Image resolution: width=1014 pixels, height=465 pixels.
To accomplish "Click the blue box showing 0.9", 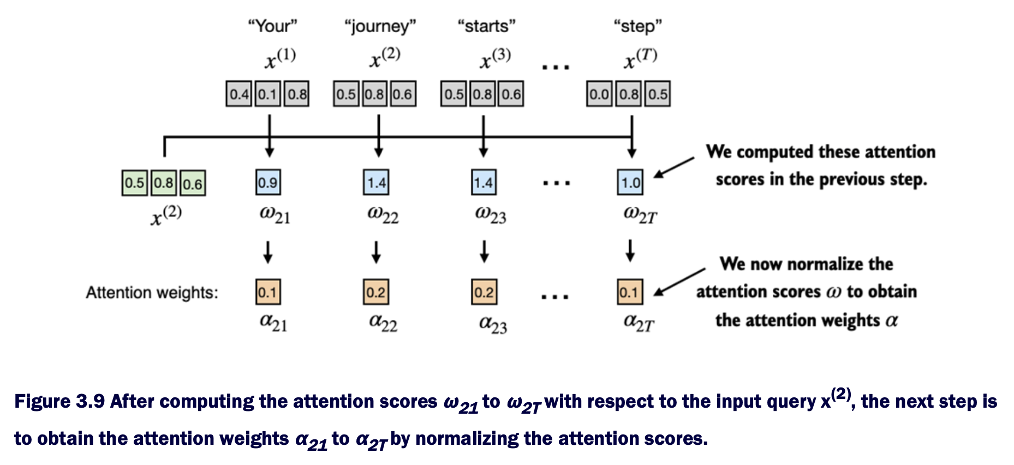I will coord(268,182).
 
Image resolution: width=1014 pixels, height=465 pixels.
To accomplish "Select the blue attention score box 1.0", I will coord(630,182).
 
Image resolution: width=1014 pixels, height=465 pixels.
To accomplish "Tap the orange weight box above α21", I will coord(267,292).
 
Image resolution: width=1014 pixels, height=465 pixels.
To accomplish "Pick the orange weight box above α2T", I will coord(630,292).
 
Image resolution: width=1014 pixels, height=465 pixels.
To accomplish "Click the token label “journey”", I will coord(380,26).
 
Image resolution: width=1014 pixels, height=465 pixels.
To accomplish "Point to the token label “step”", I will coord(637,26).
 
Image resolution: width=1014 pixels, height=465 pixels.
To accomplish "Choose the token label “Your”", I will coord(272,26).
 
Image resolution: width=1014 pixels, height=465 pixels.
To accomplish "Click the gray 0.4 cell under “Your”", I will coord(239,94).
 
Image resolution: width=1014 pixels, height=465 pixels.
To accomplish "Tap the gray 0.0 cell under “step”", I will coord(599,94).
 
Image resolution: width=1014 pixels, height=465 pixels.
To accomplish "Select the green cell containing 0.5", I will coord(134,183).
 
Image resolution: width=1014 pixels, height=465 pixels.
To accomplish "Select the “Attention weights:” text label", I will coord(152,293).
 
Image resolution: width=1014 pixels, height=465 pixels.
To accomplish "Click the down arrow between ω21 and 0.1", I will coord(267,252).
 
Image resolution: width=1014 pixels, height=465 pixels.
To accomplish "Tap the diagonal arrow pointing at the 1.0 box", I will coord(673,167).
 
